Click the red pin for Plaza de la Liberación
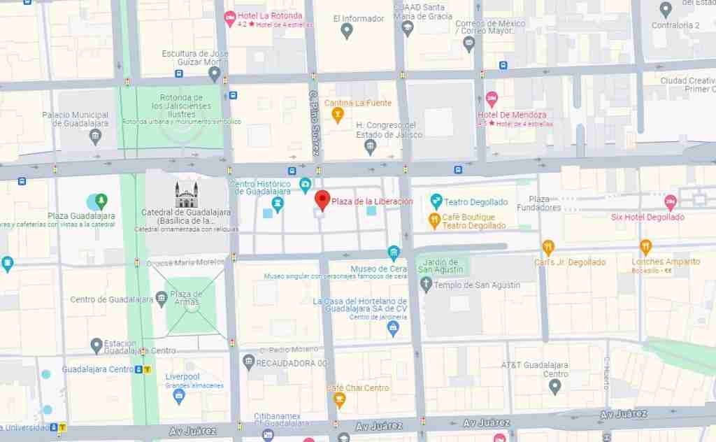[x=322, y=200]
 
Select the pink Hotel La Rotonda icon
[x=229, y=17]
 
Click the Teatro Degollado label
[x=475, y=202]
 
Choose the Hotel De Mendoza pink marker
[x=492, y=98]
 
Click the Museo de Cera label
[x=369, y=269]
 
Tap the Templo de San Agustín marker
[x=427, y=285]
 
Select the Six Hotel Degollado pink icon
[x=670, y=203]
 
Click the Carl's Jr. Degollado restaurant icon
[x=548, y=247]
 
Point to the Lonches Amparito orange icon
[x=645, y=247]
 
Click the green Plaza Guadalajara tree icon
[x=101, y=201]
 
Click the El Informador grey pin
[x=347, y=31]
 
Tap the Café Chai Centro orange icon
[x=340, y=400]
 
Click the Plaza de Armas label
[x=186, y=298]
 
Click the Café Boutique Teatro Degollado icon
[x=434, y=221]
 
